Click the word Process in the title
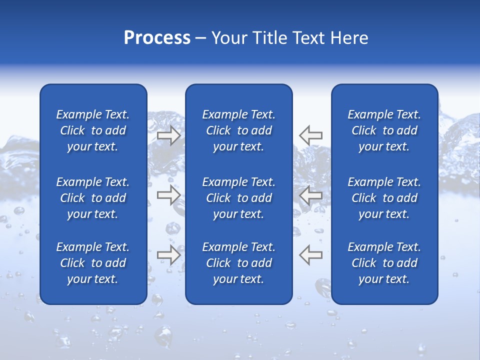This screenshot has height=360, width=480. (x=157, y=38)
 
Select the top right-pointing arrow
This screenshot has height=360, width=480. (x=168, y=135)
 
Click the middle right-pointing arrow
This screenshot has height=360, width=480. (x=168, y=195)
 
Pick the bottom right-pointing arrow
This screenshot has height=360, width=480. (x=168, y=255)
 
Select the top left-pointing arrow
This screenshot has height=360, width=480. (x=311, y=135)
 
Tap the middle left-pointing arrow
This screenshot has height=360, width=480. (x=311, y=195)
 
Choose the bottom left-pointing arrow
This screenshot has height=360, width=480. (x=311, y=255)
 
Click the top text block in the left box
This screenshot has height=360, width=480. (x=93, y=130)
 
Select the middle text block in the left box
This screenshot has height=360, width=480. (x=93, y=198)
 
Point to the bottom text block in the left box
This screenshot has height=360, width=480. (x=93, y=263)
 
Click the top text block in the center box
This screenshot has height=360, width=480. (x=238, y=130)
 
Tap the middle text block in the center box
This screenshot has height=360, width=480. (x=238, y=198)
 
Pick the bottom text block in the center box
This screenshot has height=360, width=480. (x=238, y=263)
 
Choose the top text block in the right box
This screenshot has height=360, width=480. (x=384, y=130)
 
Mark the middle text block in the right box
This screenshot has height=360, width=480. (x=384, y=198)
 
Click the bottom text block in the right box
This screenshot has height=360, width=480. (x=384, y=263)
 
